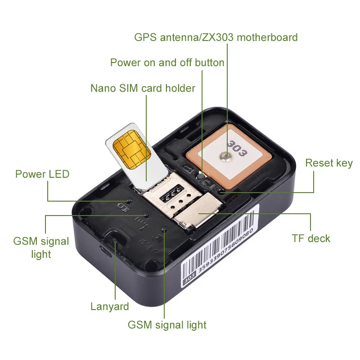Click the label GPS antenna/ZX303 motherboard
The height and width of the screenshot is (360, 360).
tap(216, 37)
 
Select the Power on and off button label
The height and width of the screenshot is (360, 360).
tap(167, 62)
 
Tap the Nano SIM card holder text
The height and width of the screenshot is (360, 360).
tap(143, 88)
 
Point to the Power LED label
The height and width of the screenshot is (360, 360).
tap(42, 174)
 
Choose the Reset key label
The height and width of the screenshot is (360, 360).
tap(328, 163)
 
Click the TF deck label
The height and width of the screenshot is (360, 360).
tap(310, 238)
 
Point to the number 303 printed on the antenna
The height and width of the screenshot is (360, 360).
tap(236, 148)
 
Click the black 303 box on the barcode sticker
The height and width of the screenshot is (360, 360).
tap(189, 282)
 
